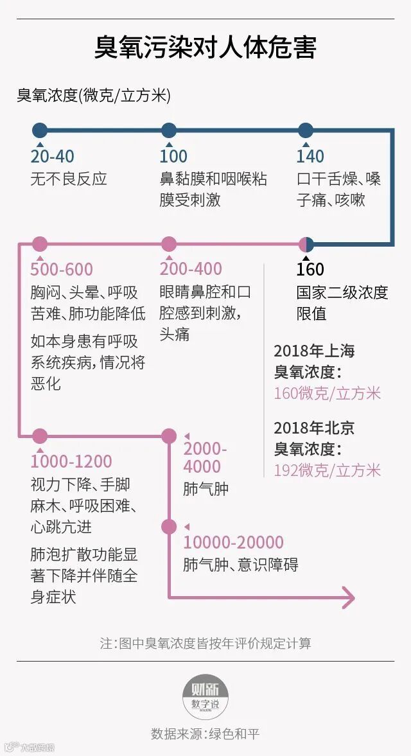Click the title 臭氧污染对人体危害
pyautogui.click(x=205, y=48)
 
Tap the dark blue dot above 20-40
pyautogui.click(x=40, y=130)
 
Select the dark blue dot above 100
pyautogui.click(x=168, y=130)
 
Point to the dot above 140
pyautogui.click(x=306, y=130)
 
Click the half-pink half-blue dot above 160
pyautogui.click(x=306, y=244)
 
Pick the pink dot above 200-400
pyautogui.click(x=168, y=244)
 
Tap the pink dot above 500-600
pyautogui.click(x=40, y=244)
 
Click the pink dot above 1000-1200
pyautogui.click(x=40, y=436)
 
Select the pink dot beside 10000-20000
pyautogui.click(x=168, y=527)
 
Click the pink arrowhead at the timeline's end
pyautogui.click(x=349, y=598)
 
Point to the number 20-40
pyautogui.click(x=52, y=156)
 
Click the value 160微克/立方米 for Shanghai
pyautogui.click(x=327, y=392)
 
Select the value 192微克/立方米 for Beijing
pyautogui.click(x=327, y=470)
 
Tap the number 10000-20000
pyautogui.click(x=233, y=543)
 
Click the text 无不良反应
pyautogui.click(x=69, y=179)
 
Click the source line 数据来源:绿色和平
pyautogui.click(x=205, y=734)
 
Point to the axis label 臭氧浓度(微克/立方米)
pyautogui.click(x=94, y=96)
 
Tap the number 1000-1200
pyautogui.click(x=71, y=461)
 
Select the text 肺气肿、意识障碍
pyautogui.click(x=241, y=565)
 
